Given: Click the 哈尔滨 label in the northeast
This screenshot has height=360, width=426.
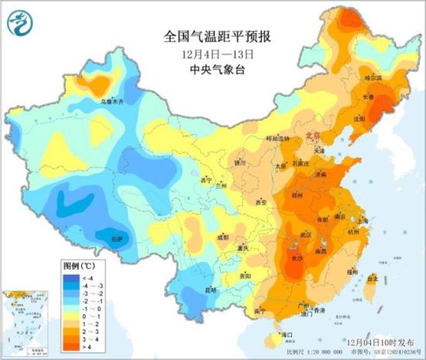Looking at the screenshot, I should (374, 77).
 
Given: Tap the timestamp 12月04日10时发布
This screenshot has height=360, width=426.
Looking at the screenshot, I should (372, 341).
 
